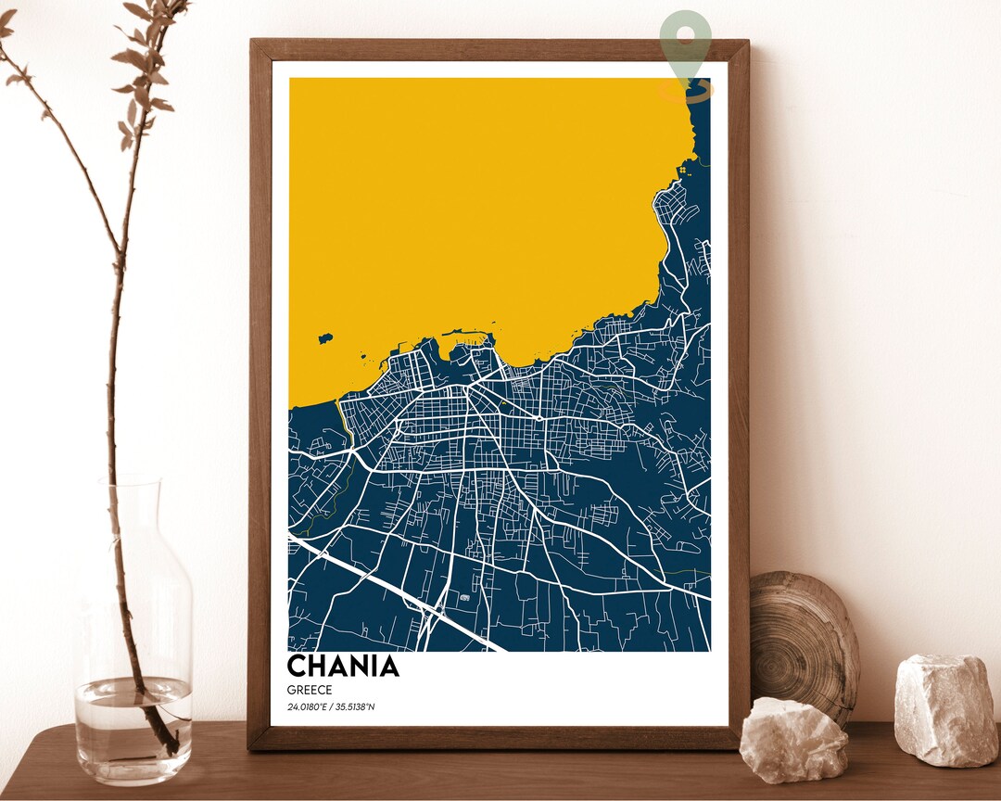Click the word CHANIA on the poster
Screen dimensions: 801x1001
pos(343,666)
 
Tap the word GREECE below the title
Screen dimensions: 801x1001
pos(310,690)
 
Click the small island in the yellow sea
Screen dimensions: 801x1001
pos(324,339)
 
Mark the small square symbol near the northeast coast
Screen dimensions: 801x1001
pos(684,169)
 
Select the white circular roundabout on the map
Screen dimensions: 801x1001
pos(538,420)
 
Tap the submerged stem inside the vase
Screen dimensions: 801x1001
pos(153,714)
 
